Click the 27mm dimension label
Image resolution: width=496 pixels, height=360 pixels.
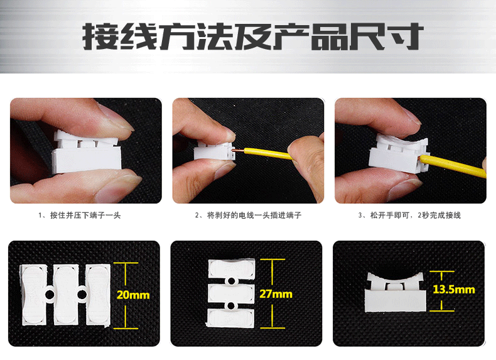[276, 294]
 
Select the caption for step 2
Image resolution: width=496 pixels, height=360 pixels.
[248, 215]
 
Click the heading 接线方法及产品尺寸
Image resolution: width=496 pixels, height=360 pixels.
[248, 36]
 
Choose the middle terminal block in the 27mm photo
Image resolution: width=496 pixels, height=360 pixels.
[230, 293]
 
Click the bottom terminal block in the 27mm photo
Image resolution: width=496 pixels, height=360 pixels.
[230, 317]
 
